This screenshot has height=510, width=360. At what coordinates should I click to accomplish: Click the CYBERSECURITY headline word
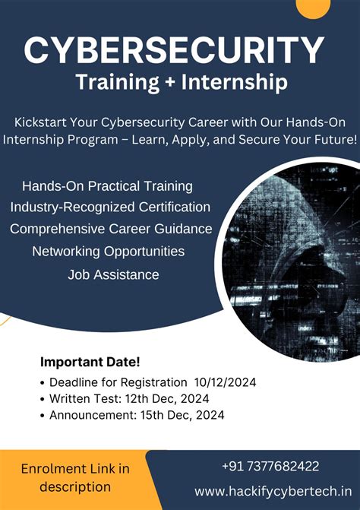(x=174, y=51)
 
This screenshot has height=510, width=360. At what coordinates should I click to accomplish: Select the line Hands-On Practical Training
(x=107, y=186)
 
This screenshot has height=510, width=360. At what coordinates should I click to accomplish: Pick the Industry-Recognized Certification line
(x=110, y=207)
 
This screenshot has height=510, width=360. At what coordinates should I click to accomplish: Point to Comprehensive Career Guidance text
(x=111, y=229)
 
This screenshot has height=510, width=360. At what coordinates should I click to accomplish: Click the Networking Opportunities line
(x=109, y=251)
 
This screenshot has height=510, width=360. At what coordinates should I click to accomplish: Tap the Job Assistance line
(x=113, y=274)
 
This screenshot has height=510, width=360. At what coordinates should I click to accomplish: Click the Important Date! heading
(x=90, y=363)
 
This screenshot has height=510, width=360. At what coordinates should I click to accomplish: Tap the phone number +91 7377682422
(x=270, y=466)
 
